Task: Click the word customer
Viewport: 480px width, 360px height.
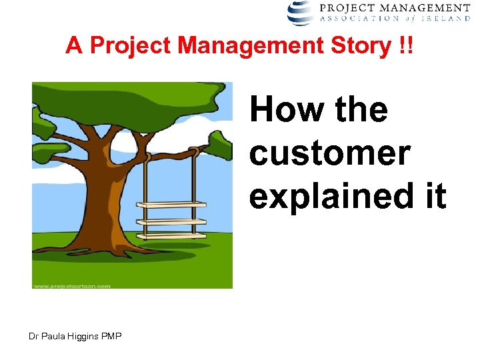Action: point(329,154)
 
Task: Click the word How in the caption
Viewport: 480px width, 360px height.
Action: point(281,110)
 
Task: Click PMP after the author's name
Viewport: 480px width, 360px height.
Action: point(111,336)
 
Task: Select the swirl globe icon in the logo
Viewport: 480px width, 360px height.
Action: point(301,13)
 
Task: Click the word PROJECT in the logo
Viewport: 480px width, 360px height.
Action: point(345,8)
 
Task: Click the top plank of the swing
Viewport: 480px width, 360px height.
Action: point(171,204)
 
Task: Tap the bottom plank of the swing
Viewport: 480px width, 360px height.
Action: point(171,235)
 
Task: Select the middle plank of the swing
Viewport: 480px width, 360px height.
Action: point(171,221)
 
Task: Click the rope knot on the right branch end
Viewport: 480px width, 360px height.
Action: point(196,151)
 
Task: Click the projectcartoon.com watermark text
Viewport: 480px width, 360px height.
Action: point(71,285)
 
